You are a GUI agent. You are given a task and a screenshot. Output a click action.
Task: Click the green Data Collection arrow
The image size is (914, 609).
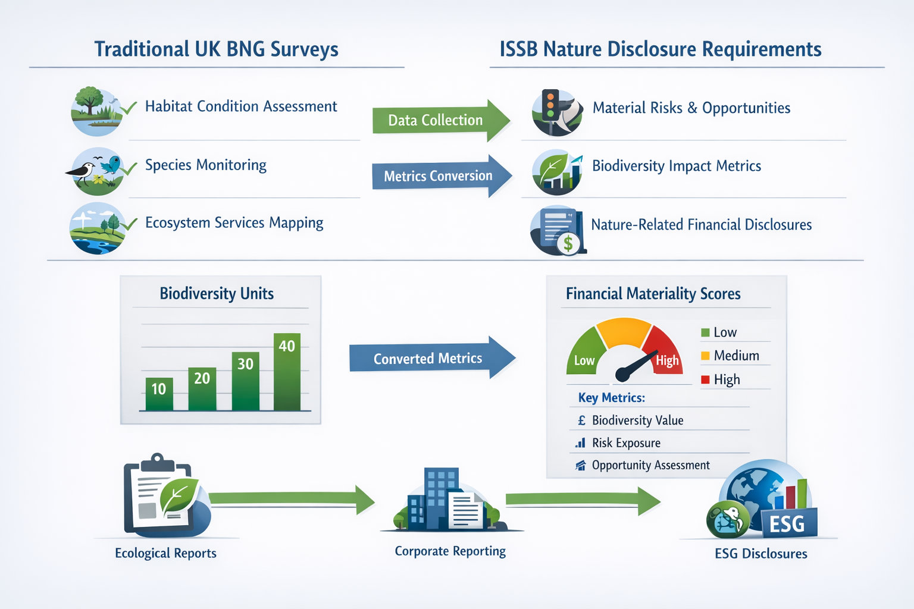point(437,120)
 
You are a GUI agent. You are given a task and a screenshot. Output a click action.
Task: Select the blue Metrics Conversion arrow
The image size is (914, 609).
point(439,176)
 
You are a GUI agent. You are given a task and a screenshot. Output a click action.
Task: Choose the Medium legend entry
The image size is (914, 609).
point(736,356)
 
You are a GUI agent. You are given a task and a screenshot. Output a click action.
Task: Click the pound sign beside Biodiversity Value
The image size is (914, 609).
point(581,420)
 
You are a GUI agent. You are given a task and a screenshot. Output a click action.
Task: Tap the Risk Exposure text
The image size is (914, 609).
point(626,443)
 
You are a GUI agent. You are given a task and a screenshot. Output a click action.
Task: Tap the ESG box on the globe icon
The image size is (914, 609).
point(787,523)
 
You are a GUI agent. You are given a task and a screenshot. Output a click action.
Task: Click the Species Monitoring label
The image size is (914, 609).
point(206,165)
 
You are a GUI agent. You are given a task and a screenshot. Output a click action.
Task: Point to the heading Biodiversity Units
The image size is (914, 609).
point(217,293)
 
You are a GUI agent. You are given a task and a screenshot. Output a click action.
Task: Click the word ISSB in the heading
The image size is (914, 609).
point(518,49)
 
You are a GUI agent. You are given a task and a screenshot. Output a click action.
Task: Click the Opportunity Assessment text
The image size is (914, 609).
point(650,465)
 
